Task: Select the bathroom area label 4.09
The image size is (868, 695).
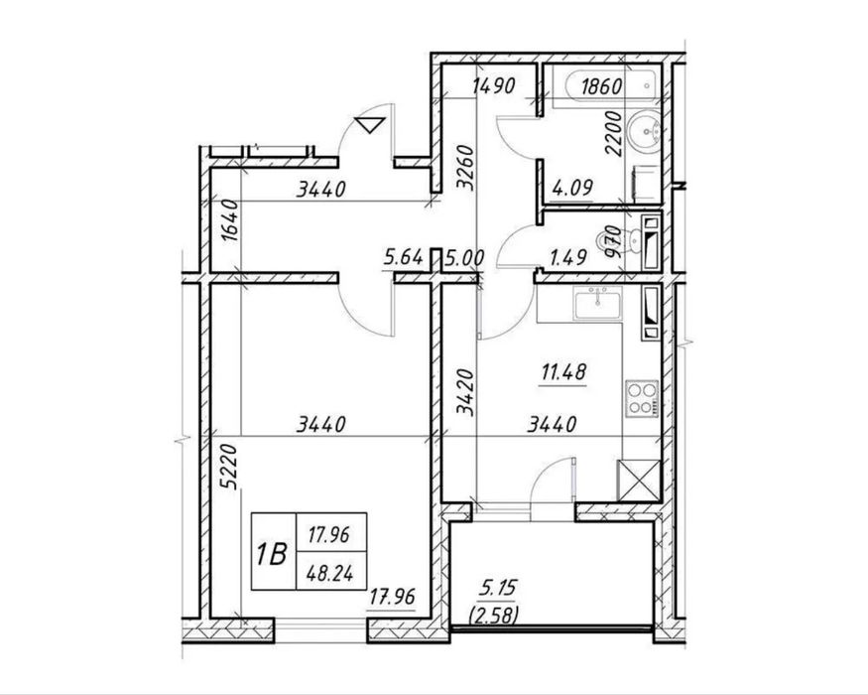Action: pos(572,188)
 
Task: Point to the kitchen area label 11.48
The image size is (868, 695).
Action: pos(563,372)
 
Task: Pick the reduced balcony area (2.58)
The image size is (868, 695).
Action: pos(493,615)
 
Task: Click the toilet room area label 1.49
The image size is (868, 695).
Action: pos(567,257)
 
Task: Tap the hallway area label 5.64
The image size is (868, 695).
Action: pos(404,257)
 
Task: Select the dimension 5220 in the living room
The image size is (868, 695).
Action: pos(228,466)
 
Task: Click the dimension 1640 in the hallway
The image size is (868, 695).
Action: pos(229,220)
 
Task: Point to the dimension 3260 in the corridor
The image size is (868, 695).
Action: pos(465,168)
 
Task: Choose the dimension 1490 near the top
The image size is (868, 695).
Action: pos(494,85)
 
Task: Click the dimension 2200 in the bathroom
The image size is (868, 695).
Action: pos(613,134)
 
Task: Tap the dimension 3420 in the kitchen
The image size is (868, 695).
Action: pos(465,392)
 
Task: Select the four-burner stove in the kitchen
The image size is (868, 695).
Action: pos(642,399)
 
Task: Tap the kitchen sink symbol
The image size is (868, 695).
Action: pos(598,303)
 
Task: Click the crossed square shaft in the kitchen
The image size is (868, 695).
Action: pos(639,481)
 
